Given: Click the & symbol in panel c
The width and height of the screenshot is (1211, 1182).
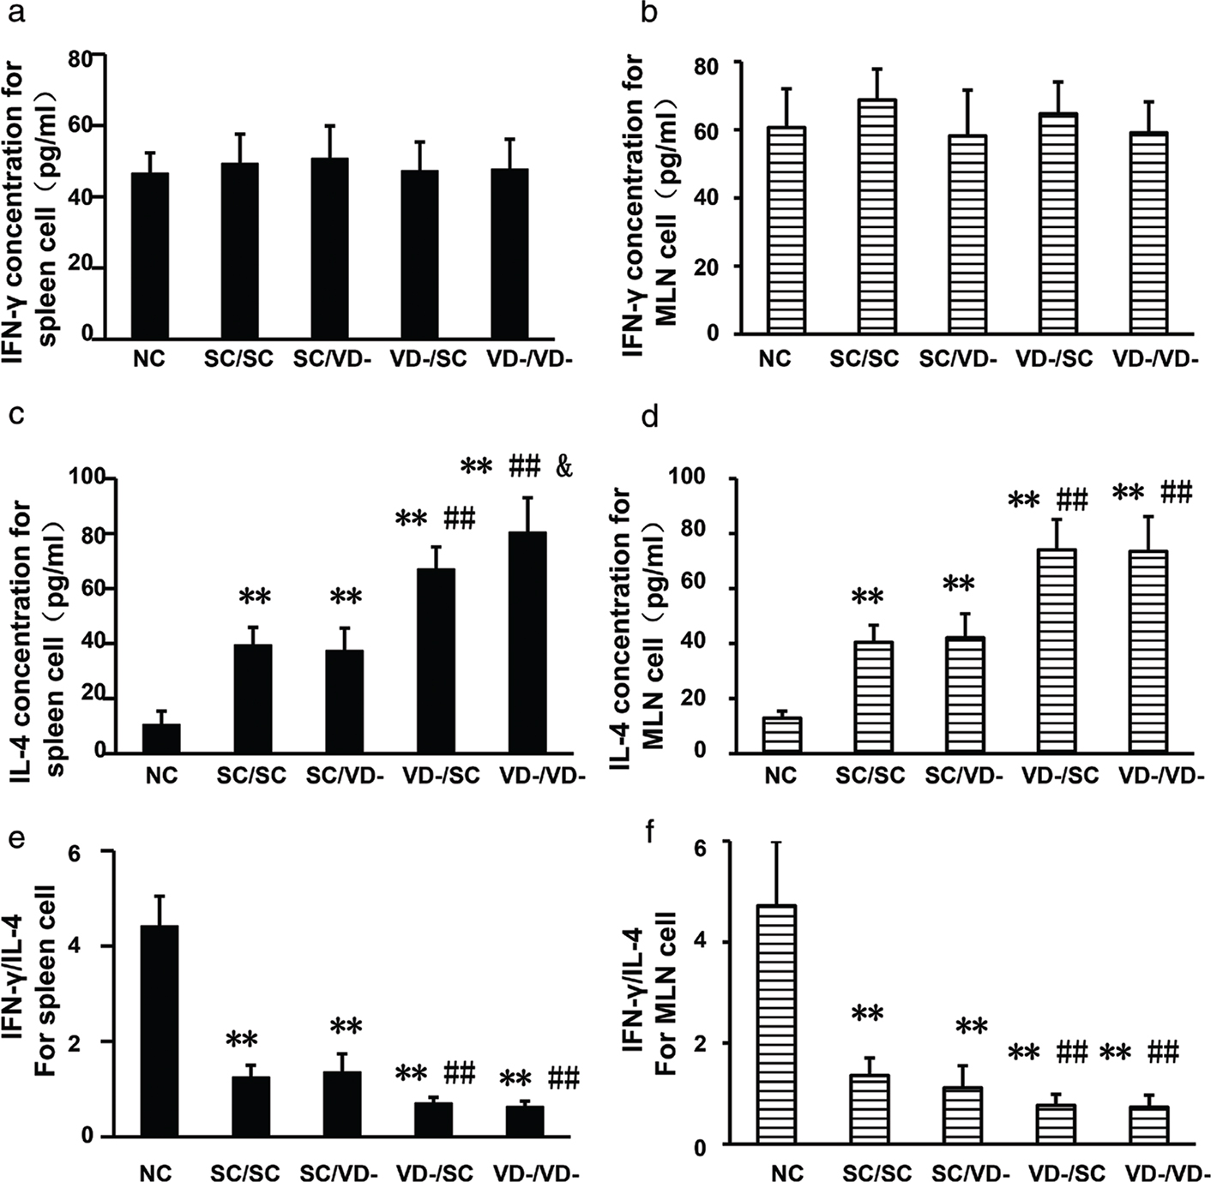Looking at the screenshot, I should tap(563, 467).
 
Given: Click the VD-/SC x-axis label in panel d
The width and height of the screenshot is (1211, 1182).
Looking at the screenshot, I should tap(1060, 777).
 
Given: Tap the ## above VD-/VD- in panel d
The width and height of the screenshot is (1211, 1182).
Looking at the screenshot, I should tap(1177, 493).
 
